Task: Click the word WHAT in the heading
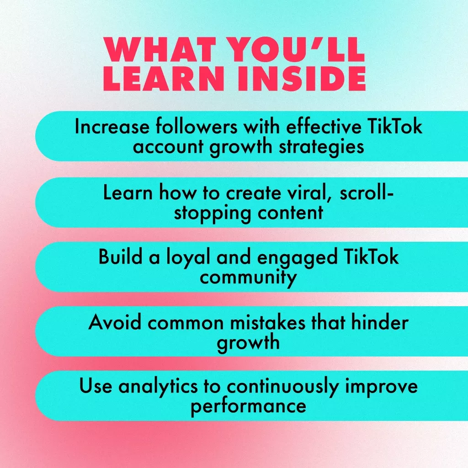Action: click(160, 49)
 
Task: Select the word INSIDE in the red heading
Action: click(302, 78)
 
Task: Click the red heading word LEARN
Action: click(164, 78)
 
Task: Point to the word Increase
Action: click(112, 127)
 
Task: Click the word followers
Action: click(197, 127)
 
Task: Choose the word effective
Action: click(324, 127)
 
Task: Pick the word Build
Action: click(120, 257)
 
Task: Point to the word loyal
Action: click(188, 258)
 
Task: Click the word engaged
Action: click(297, 258)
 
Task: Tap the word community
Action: click(248, 278)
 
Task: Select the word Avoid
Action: click(115, 322)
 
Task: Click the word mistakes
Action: click(267, 322)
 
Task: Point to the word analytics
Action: click(158, 387)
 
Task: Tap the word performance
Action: click(248, 407)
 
